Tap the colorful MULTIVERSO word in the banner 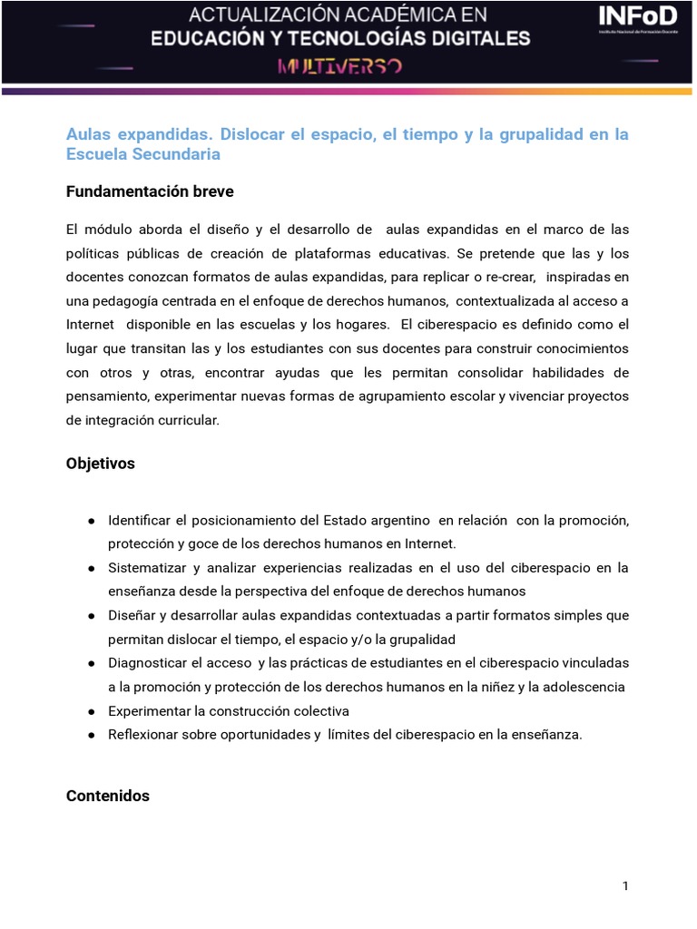(340, 67)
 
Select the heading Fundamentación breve (150, 191)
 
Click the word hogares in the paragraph (364, 324)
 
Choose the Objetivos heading (100, 464)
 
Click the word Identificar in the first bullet (140, 520)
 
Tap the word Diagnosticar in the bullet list (147, 662)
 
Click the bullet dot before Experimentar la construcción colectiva (93, 711)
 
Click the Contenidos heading (107, 797)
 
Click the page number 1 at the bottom (625, 886)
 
